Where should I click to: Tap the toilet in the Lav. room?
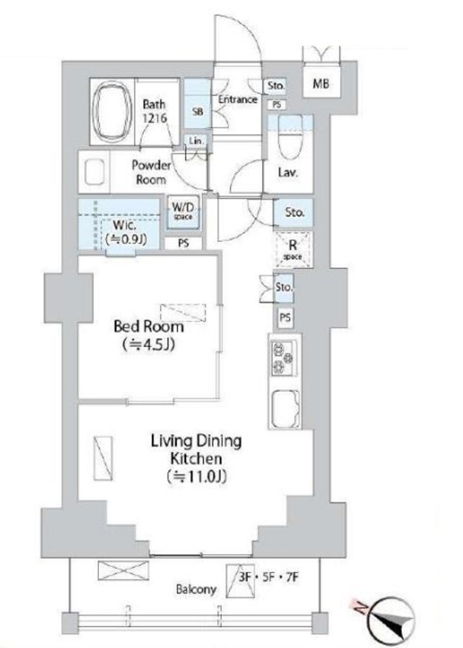click(x=290, y=136)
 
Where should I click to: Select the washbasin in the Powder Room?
click(x=95, y=172)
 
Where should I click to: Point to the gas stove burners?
click(x=284, y=358)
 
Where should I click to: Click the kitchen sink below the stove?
click(x=284, y=408)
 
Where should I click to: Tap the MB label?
click(x=321, y=84)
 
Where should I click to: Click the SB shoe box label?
click(x=198, y=111)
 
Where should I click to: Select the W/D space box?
click(x=183, y=211)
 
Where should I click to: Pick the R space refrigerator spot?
click(x=293, y=250)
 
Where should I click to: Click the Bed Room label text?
click(x=149, y=327)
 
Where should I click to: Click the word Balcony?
click(x=196, y=589)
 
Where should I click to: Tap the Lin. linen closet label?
click(x=196, y=141)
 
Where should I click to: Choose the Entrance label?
click(x=237, y=99)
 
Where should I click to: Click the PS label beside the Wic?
click(x=184, y=243)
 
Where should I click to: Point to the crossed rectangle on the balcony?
click(x=123, y=570)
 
